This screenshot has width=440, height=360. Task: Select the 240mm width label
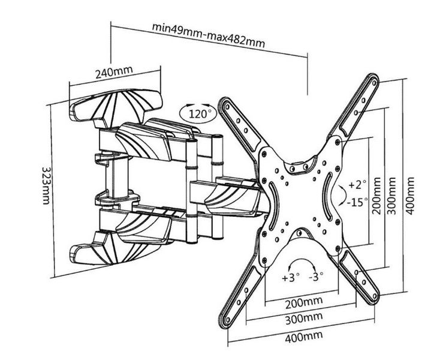pos(113,73)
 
